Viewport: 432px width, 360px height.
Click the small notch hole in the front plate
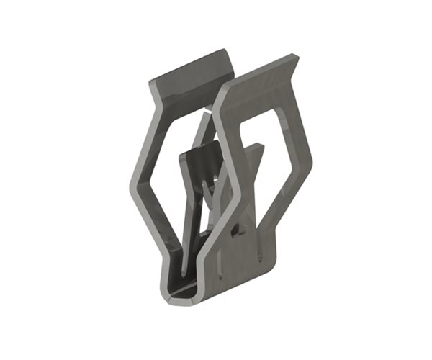[236, 232]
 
